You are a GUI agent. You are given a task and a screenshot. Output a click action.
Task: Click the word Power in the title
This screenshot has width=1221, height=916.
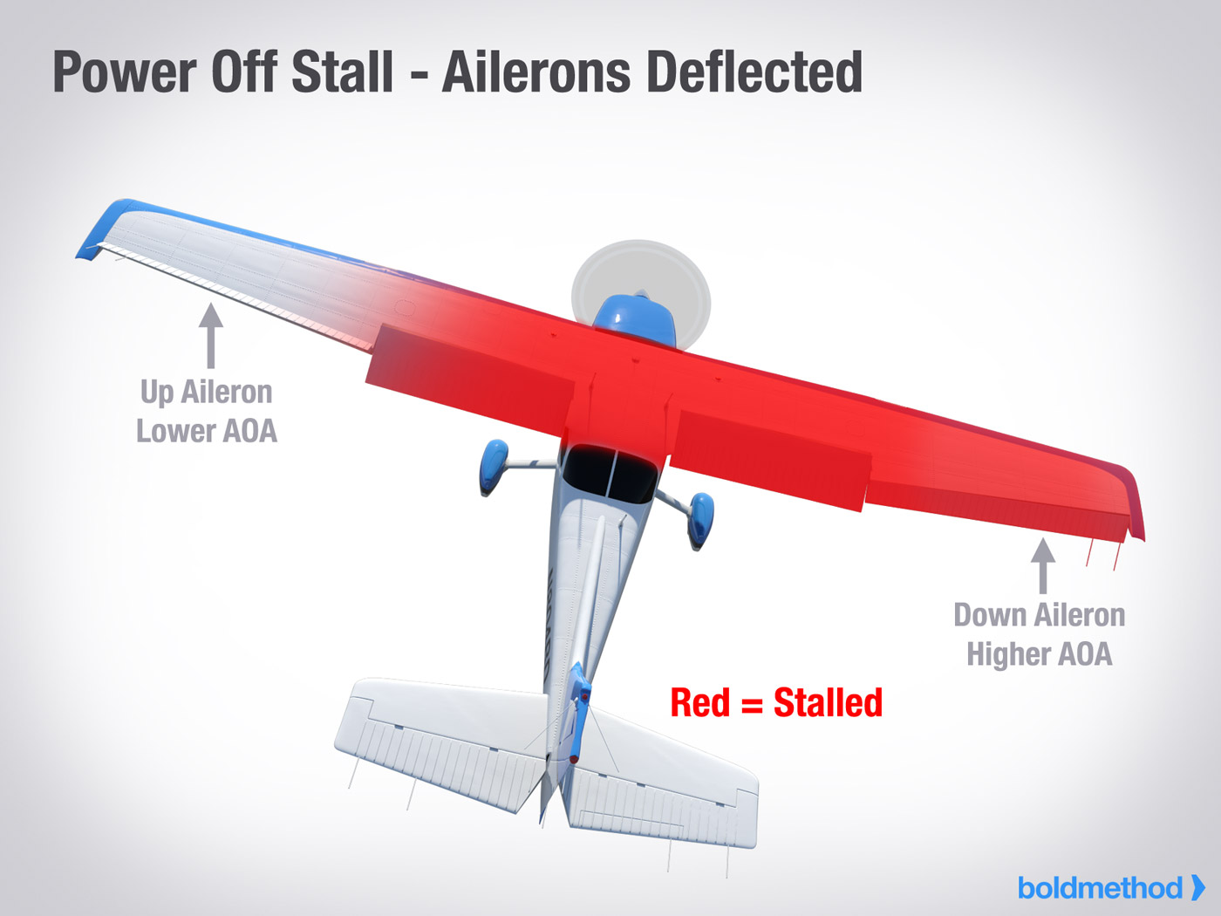tap(125, 72)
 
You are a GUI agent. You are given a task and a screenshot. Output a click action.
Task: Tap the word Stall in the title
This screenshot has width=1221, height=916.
tap(343, 72)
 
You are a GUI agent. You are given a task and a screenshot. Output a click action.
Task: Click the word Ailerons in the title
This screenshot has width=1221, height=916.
tap(535, 72)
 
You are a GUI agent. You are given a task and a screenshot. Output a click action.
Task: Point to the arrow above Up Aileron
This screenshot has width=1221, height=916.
tap(210, 335)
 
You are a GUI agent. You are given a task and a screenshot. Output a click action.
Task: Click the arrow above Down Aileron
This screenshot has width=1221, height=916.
tap(1043, 566)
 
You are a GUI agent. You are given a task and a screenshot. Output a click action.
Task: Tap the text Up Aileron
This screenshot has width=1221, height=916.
tap(207, 393)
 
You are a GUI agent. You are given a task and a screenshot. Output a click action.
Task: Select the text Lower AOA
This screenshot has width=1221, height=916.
tap(207, 431)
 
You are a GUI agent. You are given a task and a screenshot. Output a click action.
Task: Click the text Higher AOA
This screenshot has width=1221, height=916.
tap(1040, 654)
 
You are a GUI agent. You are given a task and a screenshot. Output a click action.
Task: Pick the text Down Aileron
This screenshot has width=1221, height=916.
tap(1040, 615)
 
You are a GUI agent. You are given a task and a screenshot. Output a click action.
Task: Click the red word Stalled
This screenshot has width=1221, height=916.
tap(828, 703)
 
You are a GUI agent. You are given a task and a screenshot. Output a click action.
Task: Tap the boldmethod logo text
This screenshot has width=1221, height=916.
tap(1100, 888)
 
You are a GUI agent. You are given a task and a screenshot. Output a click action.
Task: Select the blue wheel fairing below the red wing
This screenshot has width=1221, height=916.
tap(700, 518)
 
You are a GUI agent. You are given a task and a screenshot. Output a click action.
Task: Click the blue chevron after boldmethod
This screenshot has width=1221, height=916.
tap(1197, 888)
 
